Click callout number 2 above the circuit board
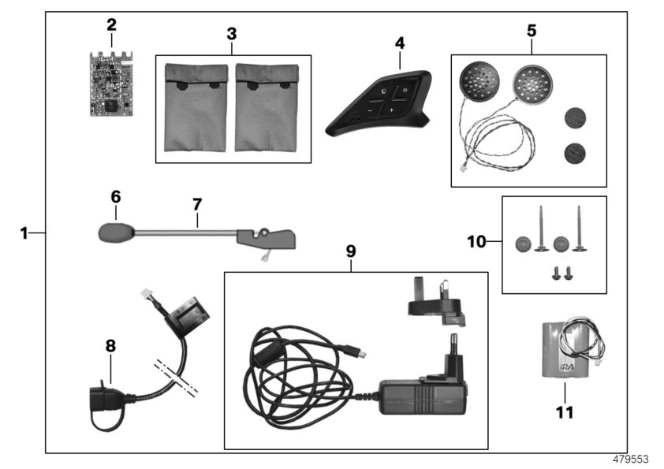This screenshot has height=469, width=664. [111, 24]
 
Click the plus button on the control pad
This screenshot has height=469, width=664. [392, 110]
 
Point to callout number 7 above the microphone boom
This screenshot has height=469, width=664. [197, 203]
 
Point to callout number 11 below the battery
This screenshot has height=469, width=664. [565, 411]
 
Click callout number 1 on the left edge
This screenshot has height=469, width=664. [24, 233]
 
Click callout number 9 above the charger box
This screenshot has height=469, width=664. [351, 251]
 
